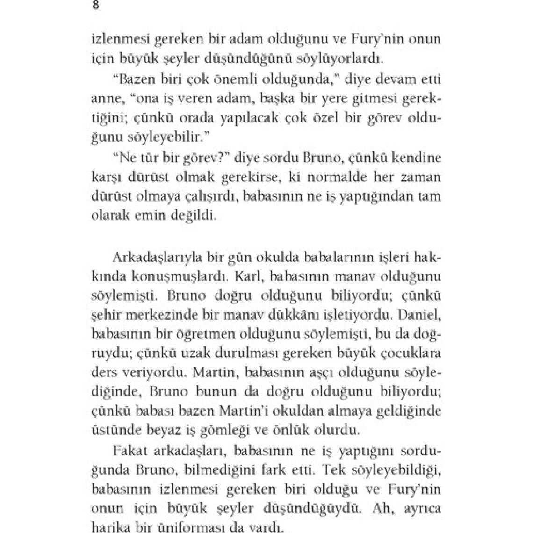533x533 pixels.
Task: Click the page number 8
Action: pyautogui.click(x=95, y=6)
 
